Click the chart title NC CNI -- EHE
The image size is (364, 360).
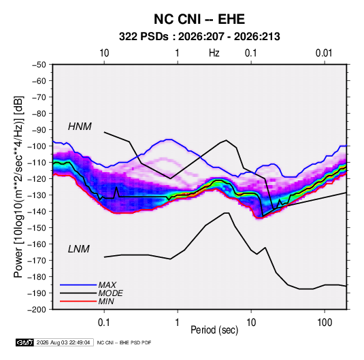click(x=199, y=19)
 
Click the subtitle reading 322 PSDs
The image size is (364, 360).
click(x=144, y=37)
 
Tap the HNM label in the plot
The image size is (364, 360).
click(x=80, y=127)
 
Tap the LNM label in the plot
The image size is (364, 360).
click(x=79, y=249)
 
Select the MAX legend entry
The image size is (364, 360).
click(x=107, y=284)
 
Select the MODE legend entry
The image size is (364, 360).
click(x=110, y=293)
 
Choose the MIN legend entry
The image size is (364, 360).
click(x=106, y=301)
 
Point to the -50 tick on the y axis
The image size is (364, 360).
click(x=39, y=65)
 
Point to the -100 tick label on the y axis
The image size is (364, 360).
click(x=37, y=146)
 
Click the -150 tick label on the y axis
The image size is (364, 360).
click(x=37, y=228)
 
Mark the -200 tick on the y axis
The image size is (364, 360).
click(x=37, y=310)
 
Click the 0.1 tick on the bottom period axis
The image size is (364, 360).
click(x=104, y=323)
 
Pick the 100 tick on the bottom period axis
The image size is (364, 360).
click(x=325, y=323)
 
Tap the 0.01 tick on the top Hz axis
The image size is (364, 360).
click(x=324, y=53)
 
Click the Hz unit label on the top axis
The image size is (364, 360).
click(x=214, y=53)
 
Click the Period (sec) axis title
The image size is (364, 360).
click(x=214, y=330)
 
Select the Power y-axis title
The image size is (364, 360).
click(x=18, y=187)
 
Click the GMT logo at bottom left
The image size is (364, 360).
click(x=24, y=342)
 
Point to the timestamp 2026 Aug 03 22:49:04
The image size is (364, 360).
click(x=63, y=342)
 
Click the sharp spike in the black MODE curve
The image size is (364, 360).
click(x=116, y=187)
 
